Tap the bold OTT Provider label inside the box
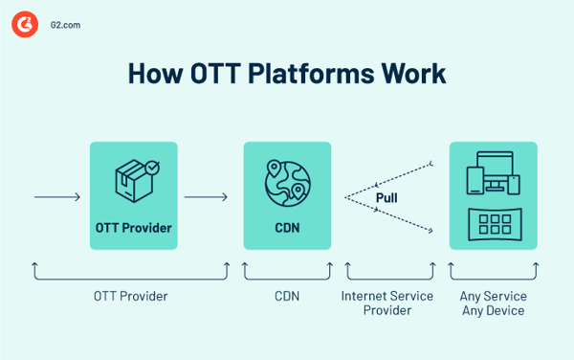point(134,228)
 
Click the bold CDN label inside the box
point(287,228)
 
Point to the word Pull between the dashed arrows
point(387,198)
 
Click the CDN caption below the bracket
point(286,296)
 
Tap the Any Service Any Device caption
point(493,303)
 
